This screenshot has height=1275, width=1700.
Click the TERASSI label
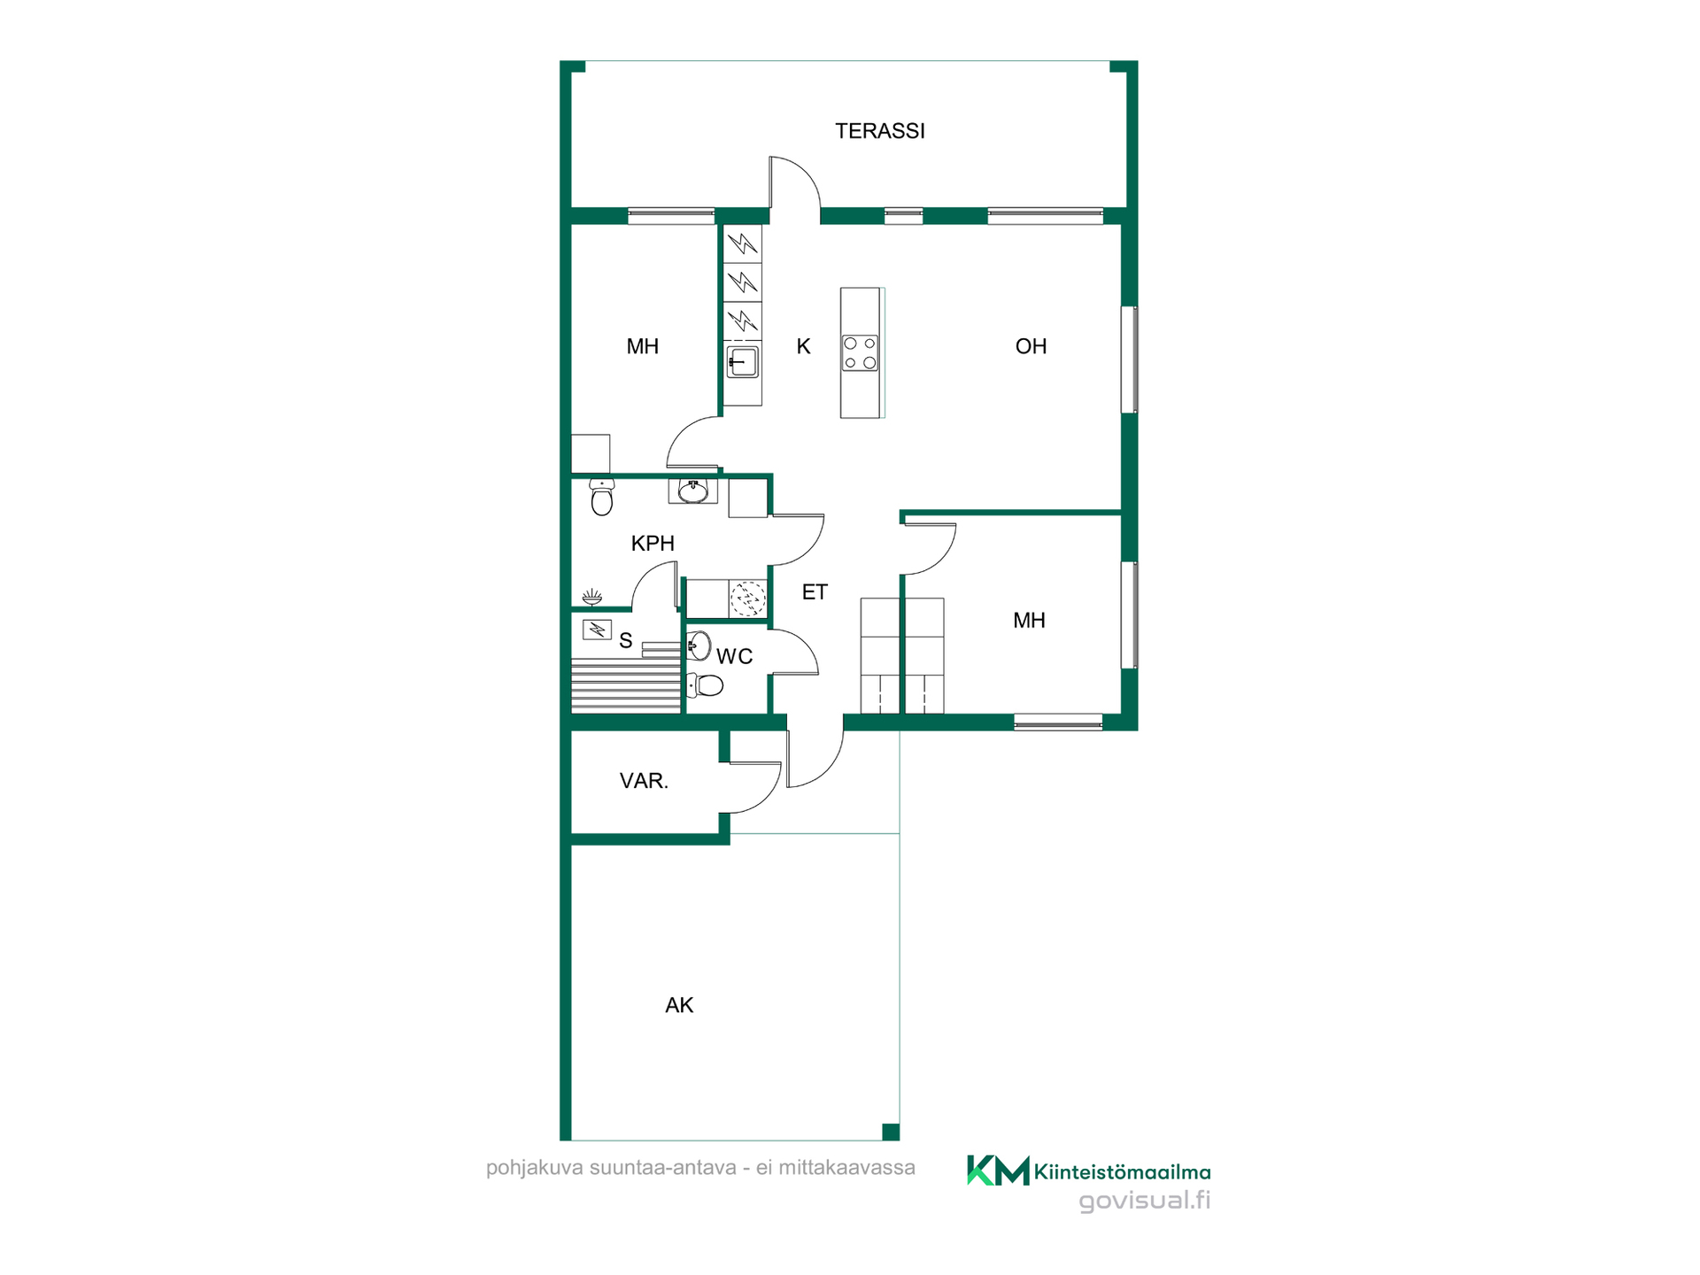pyautogui.click(x=879, y=131)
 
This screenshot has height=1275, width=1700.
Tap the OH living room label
pyautogui.click(x=1031, y=346)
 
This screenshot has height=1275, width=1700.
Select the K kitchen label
pyautogui.click(x=803, y=346)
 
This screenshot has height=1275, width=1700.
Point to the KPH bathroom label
pyautogui.click(x=653, y=544)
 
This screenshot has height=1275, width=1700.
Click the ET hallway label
pyautogui.click(x=815, y=592)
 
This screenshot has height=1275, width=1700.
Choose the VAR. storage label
pyautogui.click(x=644, y=781)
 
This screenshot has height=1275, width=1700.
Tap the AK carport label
pyautogui.click(x=679, y=1005)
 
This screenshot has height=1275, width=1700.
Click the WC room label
pyautogui.click(x=734, y=657)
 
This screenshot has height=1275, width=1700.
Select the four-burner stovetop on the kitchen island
pyautogui.click(x=860, y=352)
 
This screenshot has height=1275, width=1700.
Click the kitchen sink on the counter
pyautogui.click(x=742, y=362)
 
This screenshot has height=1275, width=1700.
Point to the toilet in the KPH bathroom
pyautogui.click(x=602, y=498)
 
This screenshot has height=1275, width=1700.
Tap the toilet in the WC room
pyautogui.click(x=705, y=684)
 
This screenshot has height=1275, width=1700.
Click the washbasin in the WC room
pyautogui.click(x=699, y=646)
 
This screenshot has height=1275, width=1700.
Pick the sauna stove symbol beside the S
pyautogui.click(x=597, y=630)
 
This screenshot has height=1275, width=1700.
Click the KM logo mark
pyautogui.click(x=998, y=1171)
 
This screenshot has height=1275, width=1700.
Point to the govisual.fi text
pyautogui.click(x=1144, y=1201)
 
